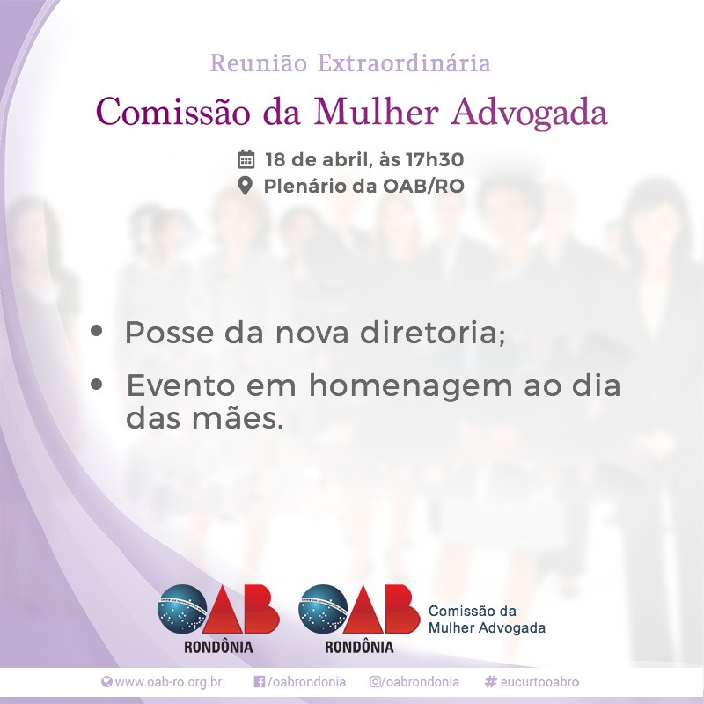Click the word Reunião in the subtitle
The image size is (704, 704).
click(259, 62)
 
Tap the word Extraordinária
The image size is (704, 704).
click(405, 62)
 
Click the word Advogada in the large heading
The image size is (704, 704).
click(530, 113)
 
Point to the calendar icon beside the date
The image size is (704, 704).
click(246, 159)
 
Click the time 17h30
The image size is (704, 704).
click(435, 160)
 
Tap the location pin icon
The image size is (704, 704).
click(246, 186)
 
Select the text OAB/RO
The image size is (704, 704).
click(423, 186)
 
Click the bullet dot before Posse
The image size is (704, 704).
click(97, 331)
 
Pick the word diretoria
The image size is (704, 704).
click(433, 333)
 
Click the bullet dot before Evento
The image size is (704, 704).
click(97, 385)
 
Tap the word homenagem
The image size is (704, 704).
click(410, 387)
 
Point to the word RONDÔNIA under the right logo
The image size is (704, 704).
click(359, 647)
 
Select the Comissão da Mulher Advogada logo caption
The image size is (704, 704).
click(487, 620)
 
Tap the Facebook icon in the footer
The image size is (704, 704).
click(259, 682)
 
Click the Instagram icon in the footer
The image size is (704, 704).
click(376, 682)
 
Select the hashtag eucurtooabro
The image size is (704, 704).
click(532, 682)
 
